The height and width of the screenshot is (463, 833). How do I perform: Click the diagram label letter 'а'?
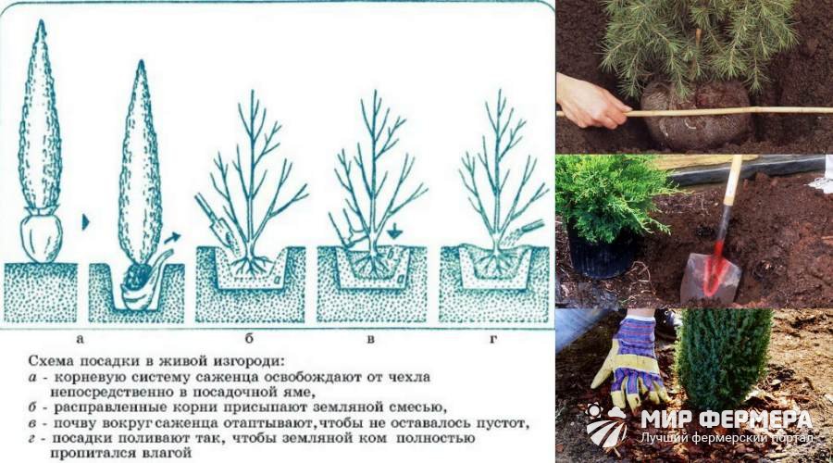pos(81,338)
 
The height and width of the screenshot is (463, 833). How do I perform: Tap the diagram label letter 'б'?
pos(249,338)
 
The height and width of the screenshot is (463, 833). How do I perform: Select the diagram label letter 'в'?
pos(371,339)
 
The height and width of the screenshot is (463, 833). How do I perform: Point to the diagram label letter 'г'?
pos(493,339)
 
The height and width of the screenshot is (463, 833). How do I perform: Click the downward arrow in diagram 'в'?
pos(393,231)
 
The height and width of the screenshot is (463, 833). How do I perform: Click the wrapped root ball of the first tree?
pos(41,235)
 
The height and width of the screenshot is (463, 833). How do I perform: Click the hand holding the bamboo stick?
pos(590,102)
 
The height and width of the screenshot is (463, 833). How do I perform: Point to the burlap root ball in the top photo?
pos(696,114)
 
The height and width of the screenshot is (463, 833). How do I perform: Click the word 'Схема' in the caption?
pos(51,361)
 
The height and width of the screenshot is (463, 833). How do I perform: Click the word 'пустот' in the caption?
pos(500,424)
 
